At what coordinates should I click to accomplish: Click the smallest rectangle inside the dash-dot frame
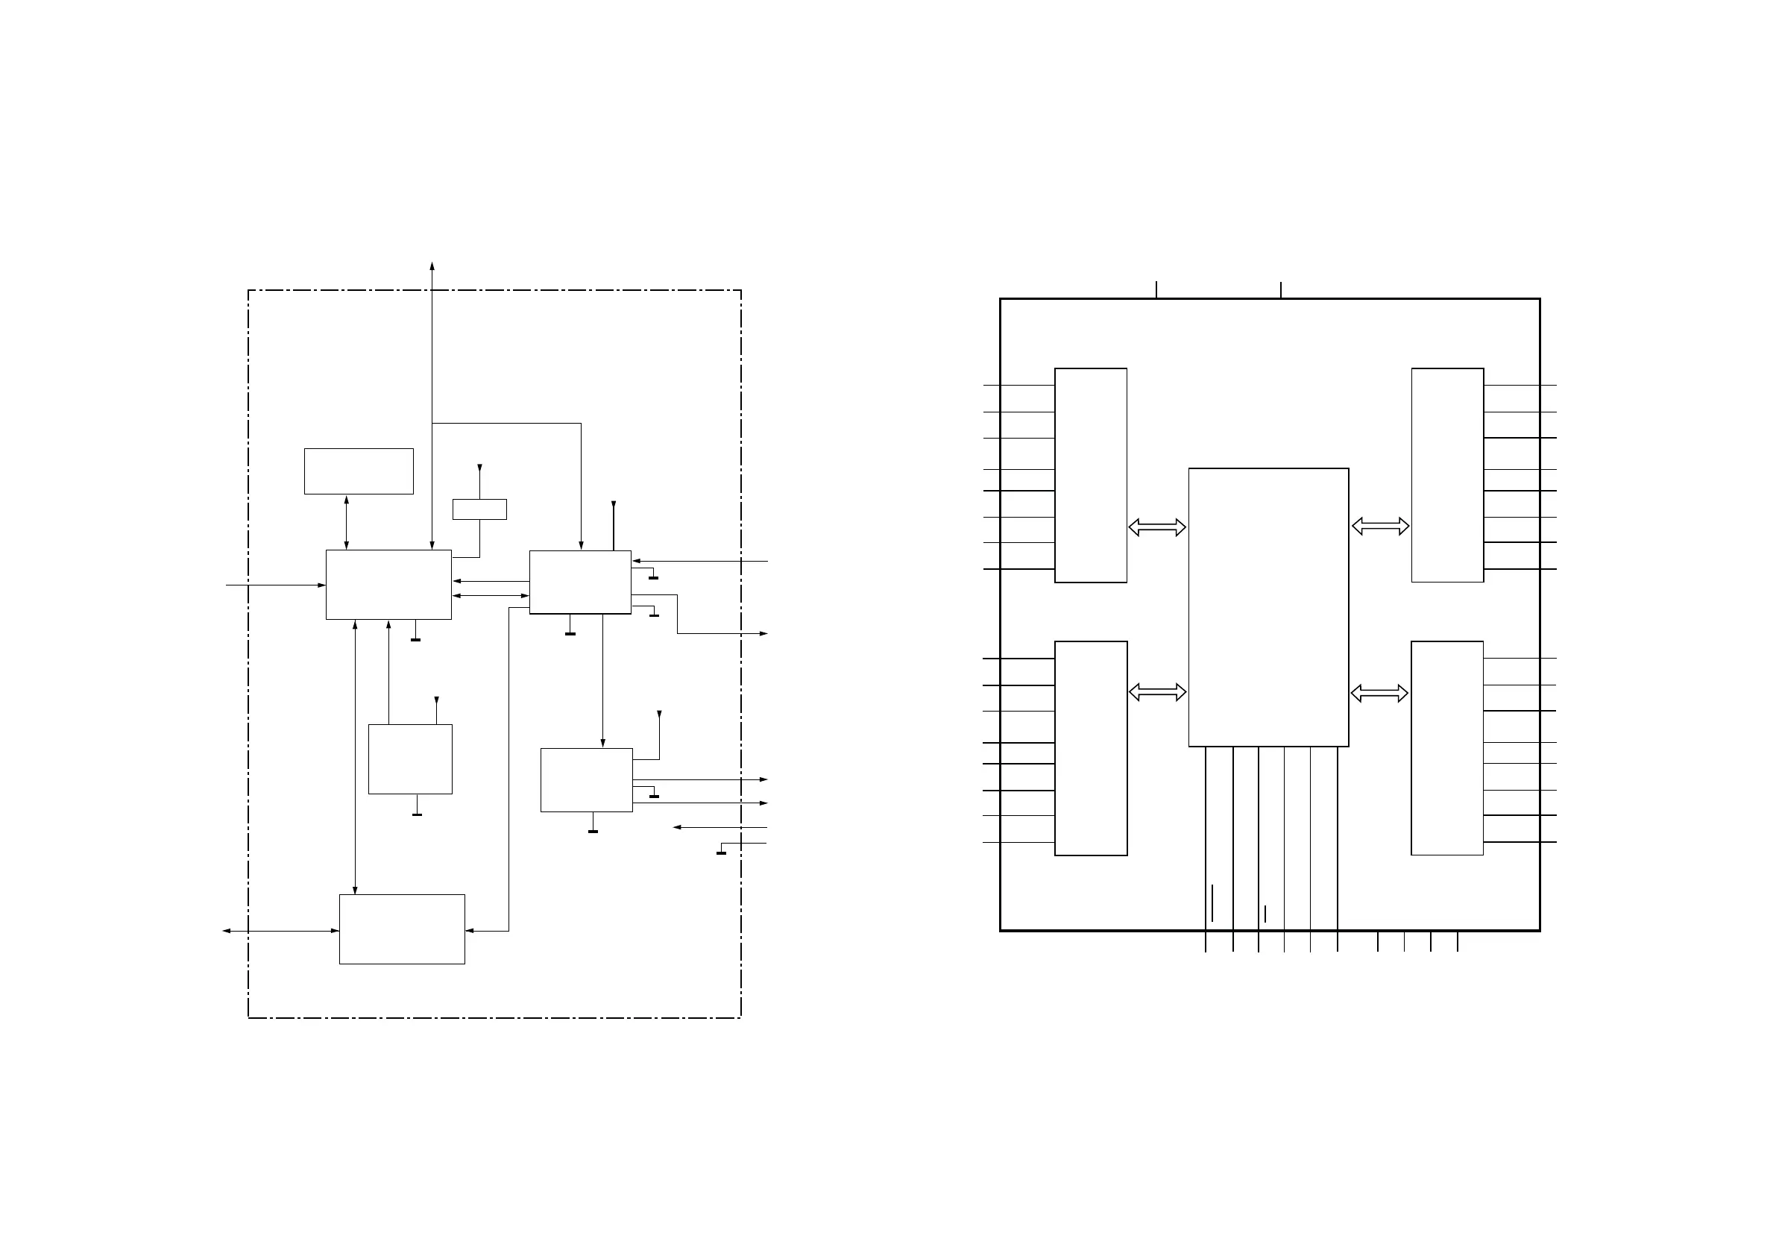479,509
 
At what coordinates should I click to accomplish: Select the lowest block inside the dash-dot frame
401,929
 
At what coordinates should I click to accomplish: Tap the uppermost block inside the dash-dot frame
358,471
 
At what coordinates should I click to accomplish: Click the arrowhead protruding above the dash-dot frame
432,266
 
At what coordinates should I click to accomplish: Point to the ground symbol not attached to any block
722,852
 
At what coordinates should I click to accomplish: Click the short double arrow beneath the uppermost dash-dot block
346,522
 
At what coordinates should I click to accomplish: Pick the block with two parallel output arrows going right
586,779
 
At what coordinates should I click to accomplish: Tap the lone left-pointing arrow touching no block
719,827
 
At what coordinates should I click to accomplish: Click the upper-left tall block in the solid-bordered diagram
1091,475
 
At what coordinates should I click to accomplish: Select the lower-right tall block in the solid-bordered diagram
1446,747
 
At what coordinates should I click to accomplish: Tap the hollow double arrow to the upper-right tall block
1380,527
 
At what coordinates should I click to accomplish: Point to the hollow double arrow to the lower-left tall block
1157,692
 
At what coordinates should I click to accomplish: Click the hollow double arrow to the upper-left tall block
1157,527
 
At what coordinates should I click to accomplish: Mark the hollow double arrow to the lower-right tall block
1379,694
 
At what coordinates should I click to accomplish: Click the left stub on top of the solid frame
1156,289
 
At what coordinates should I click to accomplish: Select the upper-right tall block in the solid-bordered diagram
1447,475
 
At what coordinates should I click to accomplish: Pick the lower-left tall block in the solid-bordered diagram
1091,747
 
